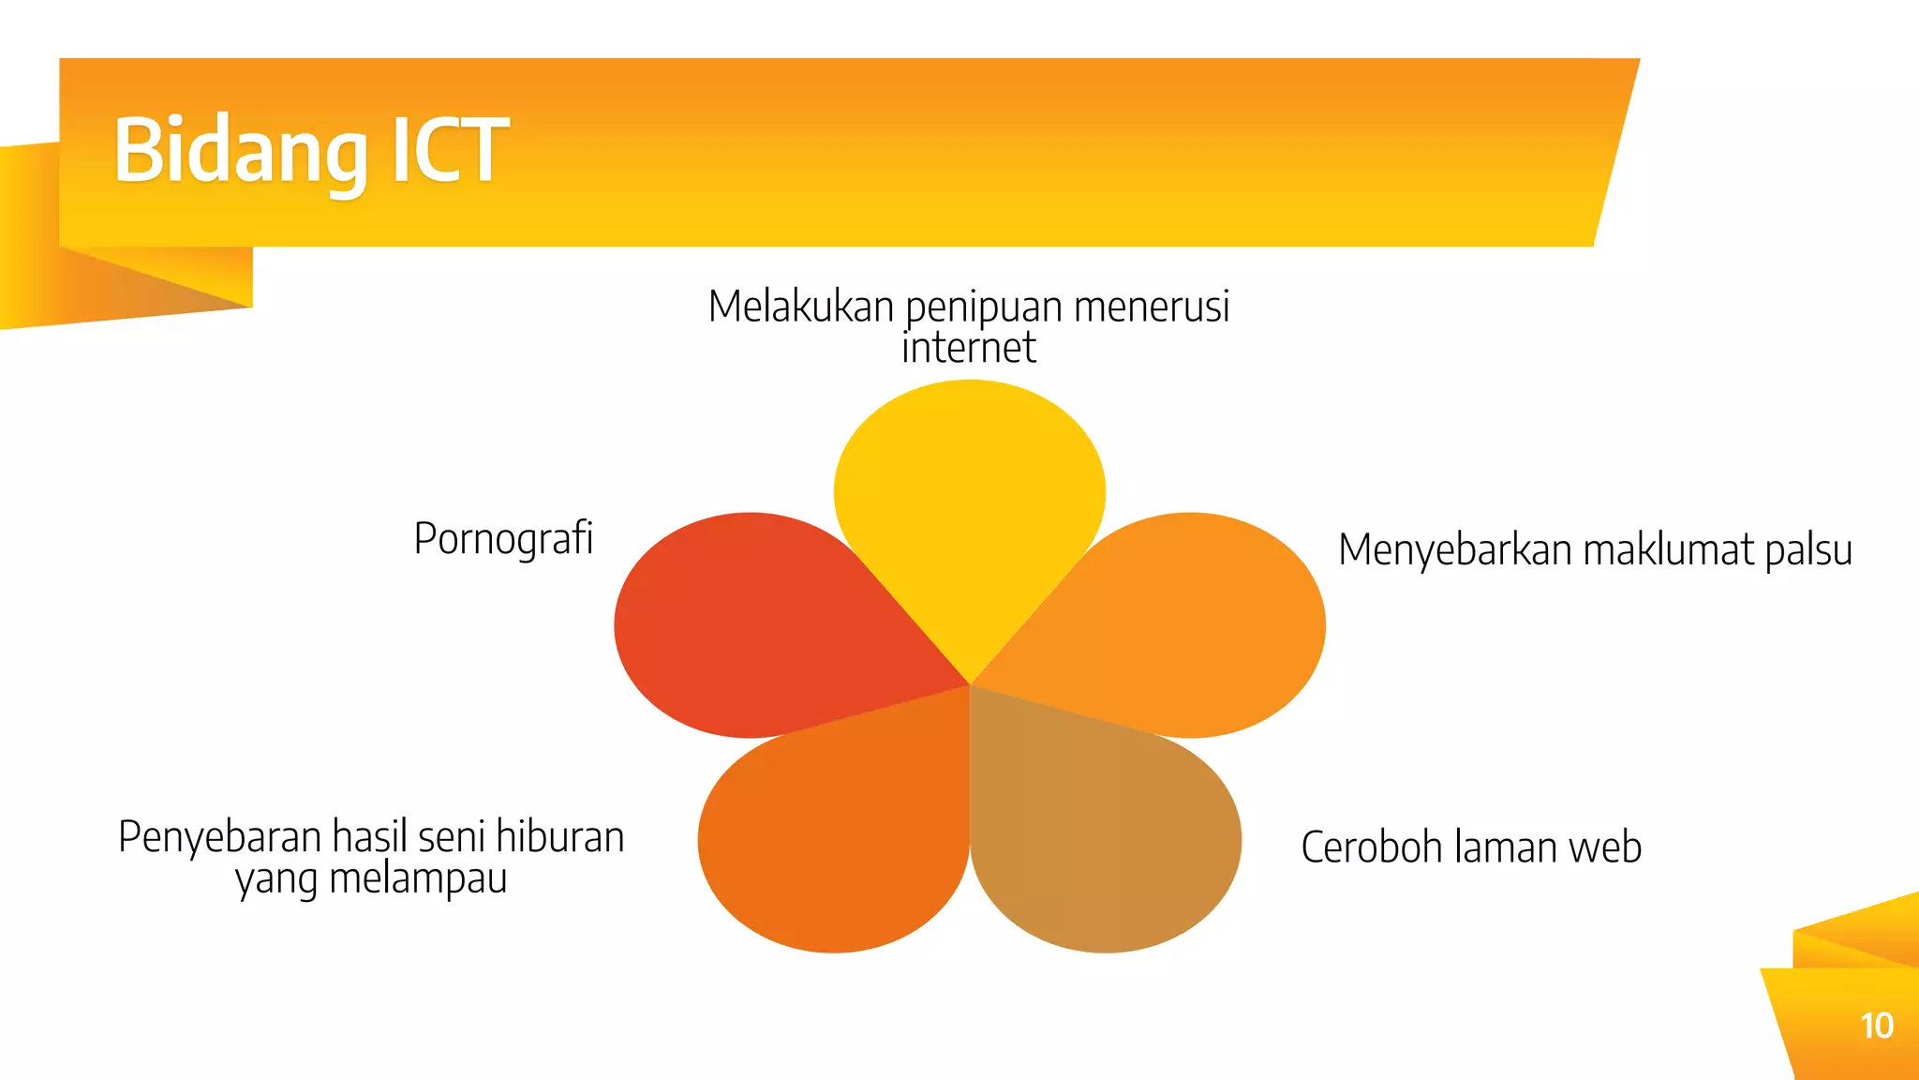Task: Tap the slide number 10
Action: point(1876,1026)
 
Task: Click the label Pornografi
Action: point(503,539)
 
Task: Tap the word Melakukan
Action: point(801,307)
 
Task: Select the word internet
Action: point(969,348)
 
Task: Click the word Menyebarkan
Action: point(1455,550)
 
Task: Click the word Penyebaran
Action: point(220,837)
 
